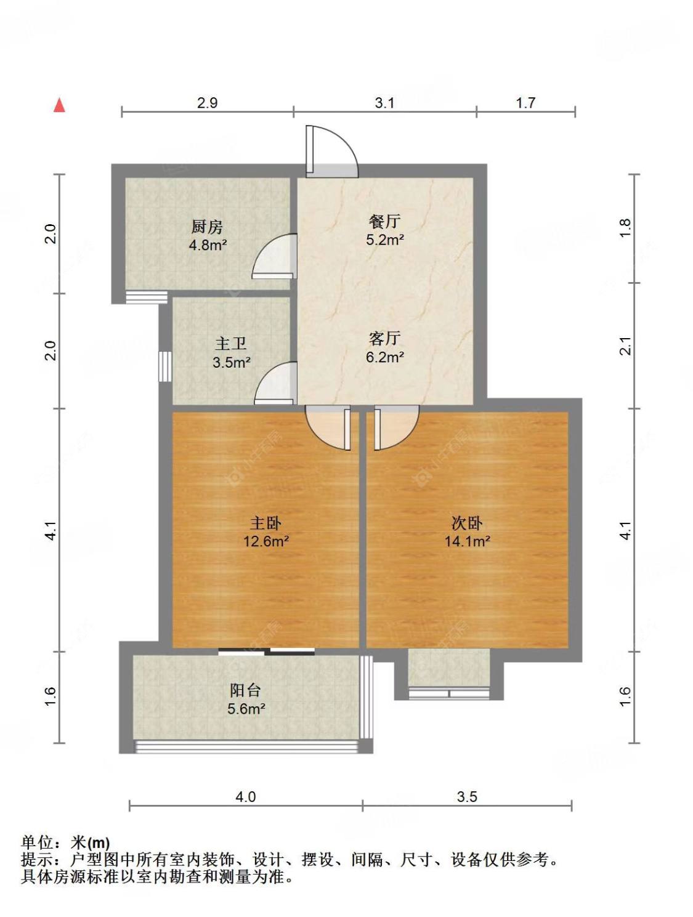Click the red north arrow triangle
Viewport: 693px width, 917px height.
[60, 105]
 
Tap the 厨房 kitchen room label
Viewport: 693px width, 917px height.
[207, 227]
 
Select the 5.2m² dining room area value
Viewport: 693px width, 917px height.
[384, 240]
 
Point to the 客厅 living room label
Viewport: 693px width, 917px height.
[385, 338]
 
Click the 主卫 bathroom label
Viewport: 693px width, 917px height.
[230, 344]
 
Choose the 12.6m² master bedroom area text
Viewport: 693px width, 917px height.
[266, 541]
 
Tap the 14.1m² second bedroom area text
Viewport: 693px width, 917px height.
[466, 541]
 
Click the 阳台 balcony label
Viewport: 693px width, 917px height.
[245, 690]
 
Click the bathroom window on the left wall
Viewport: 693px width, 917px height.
[165, 366]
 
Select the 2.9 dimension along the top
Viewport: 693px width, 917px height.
[207, 103]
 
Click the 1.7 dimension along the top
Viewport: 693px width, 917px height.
[525, 103]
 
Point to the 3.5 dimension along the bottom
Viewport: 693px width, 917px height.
[466, 797]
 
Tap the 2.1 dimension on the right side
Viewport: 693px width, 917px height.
[625, 345]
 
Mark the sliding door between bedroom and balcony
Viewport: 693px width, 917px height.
[266, 650]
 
